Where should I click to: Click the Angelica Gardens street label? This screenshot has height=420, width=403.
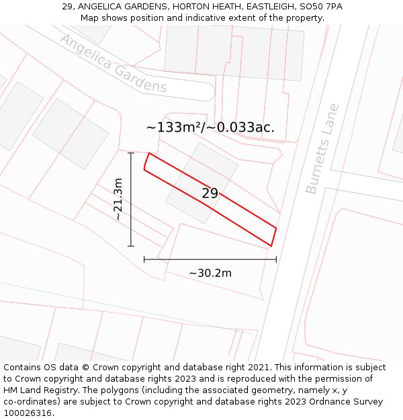point(113,63)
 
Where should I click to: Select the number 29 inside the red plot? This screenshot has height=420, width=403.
point(210,194)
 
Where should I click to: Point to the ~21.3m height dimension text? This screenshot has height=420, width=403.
point(118,200)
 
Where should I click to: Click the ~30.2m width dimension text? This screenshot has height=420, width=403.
point(210,273)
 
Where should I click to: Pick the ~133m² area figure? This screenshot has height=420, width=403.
point(173,127)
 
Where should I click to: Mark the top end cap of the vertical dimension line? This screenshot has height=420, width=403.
point(131,153)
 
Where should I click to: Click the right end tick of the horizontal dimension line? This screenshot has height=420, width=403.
point(276,259)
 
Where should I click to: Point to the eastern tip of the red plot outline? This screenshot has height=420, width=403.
point(276,228)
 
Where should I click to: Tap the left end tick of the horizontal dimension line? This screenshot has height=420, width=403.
point(144,259)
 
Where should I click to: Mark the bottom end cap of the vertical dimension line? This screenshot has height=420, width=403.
point(131,246)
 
